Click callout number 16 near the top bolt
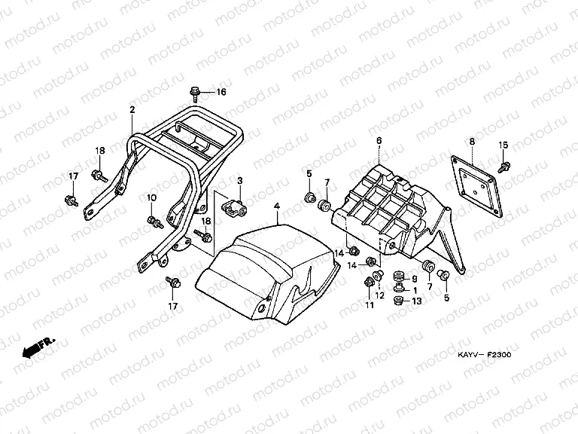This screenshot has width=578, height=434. [x=221, y=93]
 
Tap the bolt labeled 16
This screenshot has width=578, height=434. [x=195, y=93]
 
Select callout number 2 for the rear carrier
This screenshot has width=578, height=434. [x=132, y=110]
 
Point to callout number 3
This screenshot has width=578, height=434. [x=239, y=181]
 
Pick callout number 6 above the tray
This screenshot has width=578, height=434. [x=379, y=141]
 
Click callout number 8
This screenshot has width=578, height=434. [x=472, y=142]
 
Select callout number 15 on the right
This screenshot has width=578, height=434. [x=503, y=145]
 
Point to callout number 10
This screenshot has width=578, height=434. [x=151, y=198]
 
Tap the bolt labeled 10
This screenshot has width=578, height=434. [x=154, y=221]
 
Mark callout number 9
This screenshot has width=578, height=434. [x=414, y=279]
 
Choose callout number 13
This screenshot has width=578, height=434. [x=417, y=301]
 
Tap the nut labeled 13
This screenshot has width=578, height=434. [x=400, y=301]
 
